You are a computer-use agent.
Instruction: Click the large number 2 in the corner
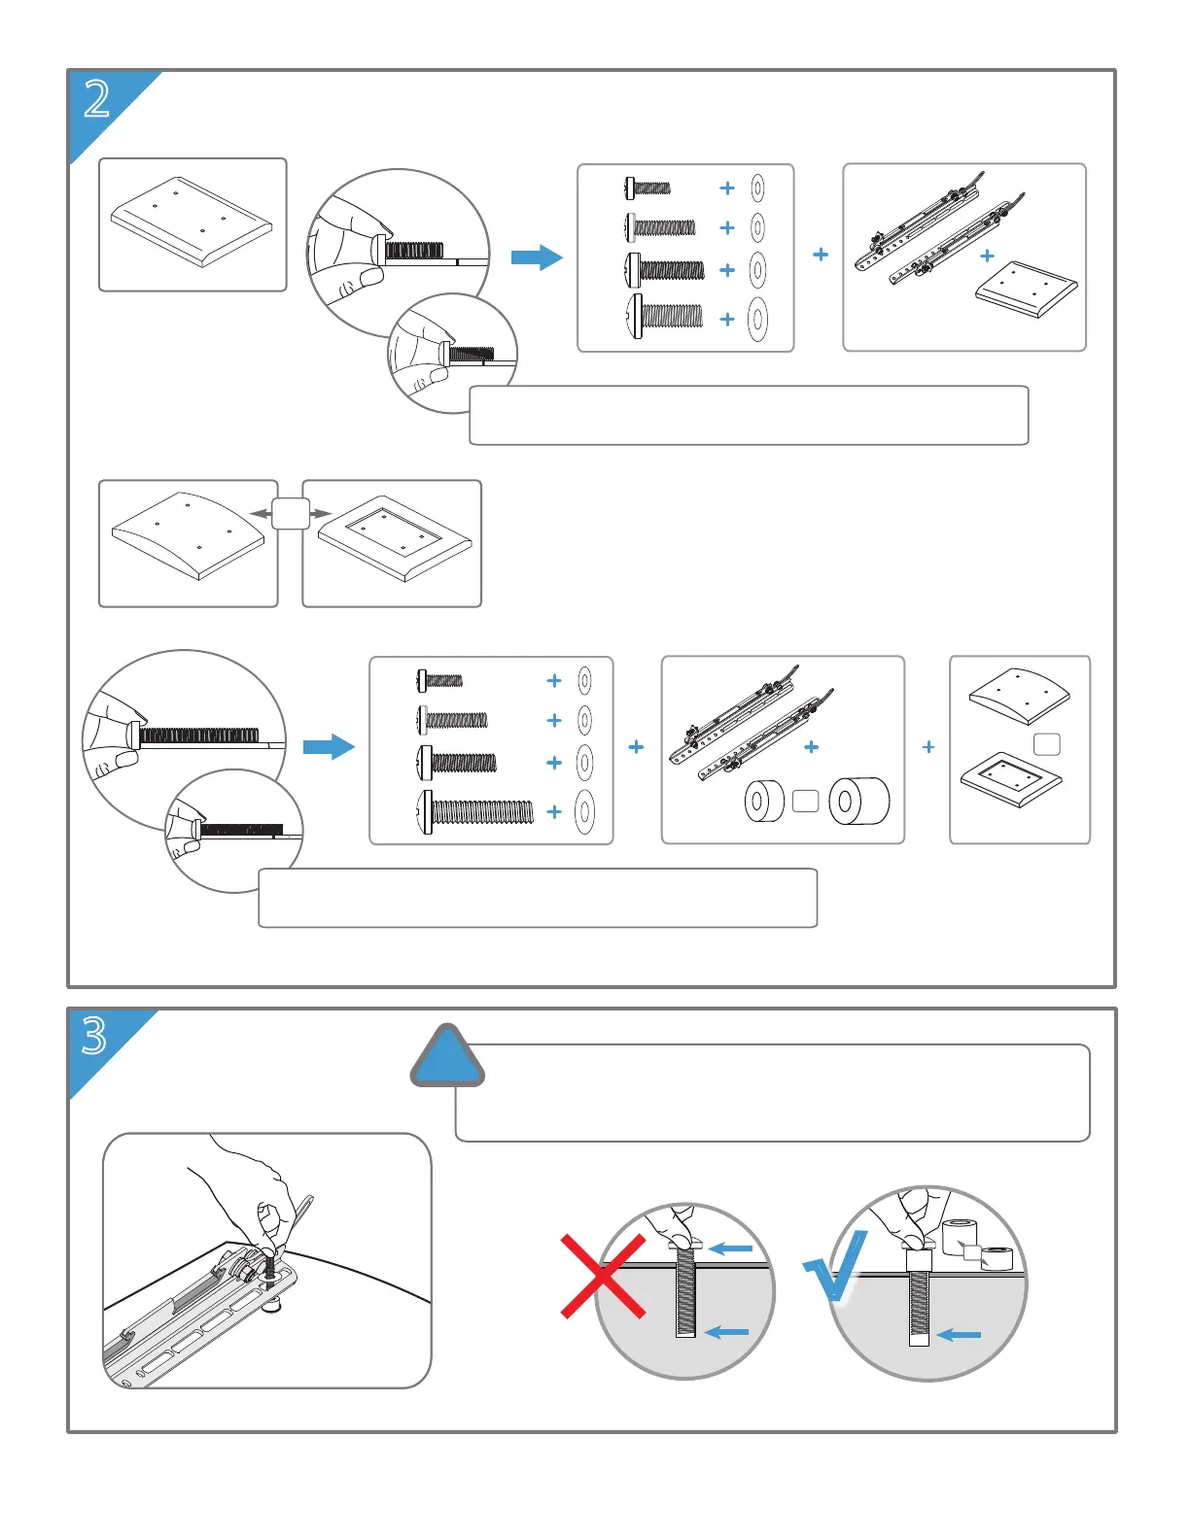click(97, 99)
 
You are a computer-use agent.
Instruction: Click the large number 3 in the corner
click(94, 1036)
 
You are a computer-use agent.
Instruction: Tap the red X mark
click(603, 1276)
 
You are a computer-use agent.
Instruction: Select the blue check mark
click(834, 1266)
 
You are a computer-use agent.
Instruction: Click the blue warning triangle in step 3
click(446, 1057)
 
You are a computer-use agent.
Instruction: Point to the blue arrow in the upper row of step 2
click(537, 257)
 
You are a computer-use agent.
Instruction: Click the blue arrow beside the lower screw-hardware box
click(329, 747)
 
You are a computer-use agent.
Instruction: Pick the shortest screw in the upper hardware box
click(647, 188)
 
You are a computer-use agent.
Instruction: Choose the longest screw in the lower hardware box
click(475, 812)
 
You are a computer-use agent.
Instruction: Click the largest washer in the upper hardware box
click(757, 319)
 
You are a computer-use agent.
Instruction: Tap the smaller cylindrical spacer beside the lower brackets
click(764, 802)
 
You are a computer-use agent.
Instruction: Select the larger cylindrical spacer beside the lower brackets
click(858, 801)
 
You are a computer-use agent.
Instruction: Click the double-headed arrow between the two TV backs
click(290, 514)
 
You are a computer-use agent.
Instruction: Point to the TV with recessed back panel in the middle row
click(395, 543)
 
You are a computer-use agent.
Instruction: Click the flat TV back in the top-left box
click(192, 222)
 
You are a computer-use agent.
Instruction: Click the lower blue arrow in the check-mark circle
click(959, 1335)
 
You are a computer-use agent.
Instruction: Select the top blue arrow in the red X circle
click(730, 1248)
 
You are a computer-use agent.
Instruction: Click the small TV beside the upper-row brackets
click(1026, 290)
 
